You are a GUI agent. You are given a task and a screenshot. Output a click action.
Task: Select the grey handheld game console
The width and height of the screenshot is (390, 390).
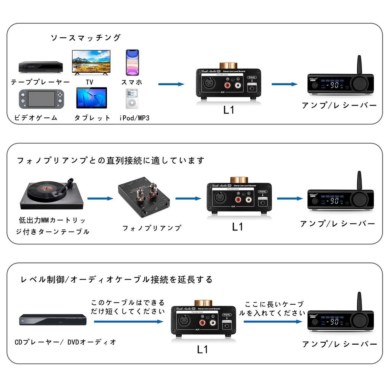click(x=42, y=99)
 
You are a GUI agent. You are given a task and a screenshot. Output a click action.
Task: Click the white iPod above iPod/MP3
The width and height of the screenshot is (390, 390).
click(x=132, y=99)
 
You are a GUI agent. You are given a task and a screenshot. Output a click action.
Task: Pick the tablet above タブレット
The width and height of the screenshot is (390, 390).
click(x=91, y=98)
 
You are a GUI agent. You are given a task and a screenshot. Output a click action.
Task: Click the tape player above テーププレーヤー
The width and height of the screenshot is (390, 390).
click(x=41, y=67)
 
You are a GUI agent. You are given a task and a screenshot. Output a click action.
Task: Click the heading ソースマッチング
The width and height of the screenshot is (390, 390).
click(x=85, y=37)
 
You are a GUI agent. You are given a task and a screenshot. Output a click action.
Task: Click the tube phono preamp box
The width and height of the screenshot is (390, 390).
click(x=144, y=197)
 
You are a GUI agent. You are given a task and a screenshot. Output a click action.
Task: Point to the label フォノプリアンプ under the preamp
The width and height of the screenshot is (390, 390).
click(x=152, y=228)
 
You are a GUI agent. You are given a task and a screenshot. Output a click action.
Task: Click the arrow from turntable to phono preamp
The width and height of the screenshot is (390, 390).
click(x=101, y=198)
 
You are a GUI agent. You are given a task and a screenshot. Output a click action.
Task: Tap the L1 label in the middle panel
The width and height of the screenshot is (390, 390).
click(x=237, y=227)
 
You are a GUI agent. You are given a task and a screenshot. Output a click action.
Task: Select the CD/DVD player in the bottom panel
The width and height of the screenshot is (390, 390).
click(x=51, y=319)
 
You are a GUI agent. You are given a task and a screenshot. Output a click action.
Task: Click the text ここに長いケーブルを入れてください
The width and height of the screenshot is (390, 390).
click(x=273, y=308)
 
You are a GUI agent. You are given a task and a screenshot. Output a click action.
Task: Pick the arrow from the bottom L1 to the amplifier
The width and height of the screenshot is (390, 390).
click(x=272, y=321)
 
